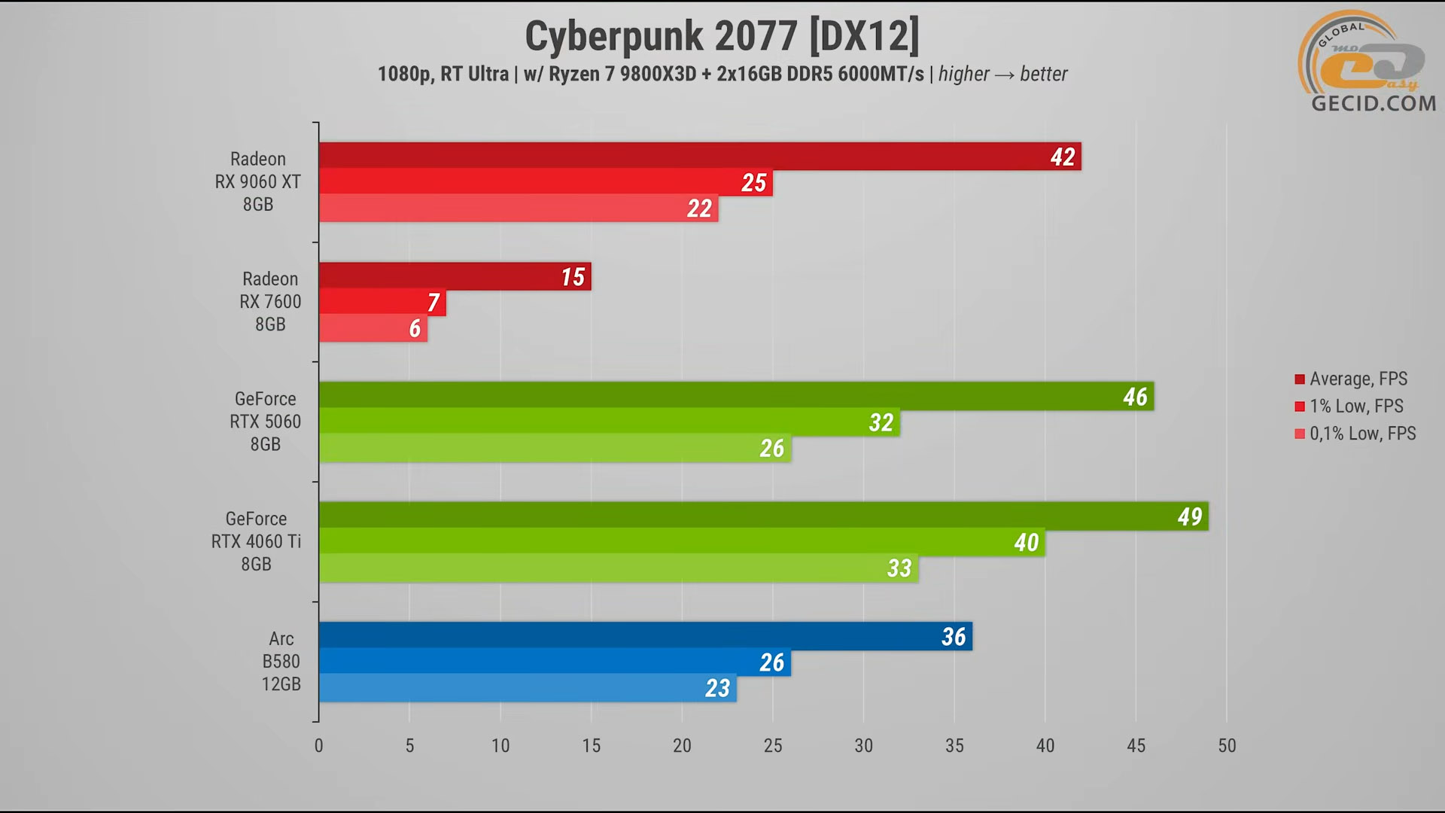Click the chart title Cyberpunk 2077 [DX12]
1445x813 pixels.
(722, 36)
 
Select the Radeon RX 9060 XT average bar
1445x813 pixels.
(699, 156)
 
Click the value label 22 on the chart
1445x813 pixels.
(699, 209)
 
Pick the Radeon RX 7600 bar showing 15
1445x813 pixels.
(455, 276)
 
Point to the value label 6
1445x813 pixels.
(415, 328)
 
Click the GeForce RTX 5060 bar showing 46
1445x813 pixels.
(735, 396)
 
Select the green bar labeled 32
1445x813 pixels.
(609, 422)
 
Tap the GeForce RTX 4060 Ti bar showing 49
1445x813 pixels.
(763, 516)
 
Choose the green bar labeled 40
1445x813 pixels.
(681, 542)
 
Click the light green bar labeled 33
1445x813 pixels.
(618, 568)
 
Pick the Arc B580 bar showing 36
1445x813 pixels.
(645, 636)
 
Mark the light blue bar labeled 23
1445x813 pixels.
(527, 687)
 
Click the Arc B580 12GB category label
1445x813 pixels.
(281, 661)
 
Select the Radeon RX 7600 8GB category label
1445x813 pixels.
(270, 301)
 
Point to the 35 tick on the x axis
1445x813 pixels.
(954, 745)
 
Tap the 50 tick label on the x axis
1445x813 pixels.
(1227, 745)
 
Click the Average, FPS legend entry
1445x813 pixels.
(1358, 379)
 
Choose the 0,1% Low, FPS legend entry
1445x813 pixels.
(1362, 434)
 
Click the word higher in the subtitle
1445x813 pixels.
(963, 74)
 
